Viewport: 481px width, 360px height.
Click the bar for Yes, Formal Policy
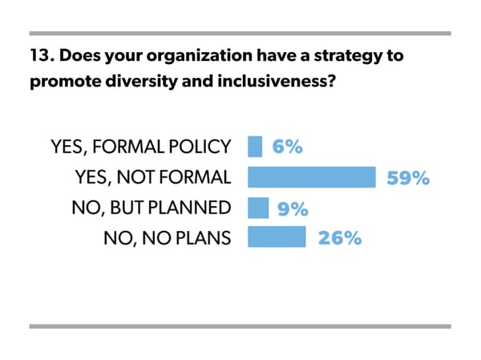click(x=255, y=147)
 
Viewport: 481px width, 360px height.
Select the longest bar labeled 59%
click(x=312, y=177)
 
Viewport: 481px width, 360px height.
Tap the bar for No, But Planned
click(x=258, y=208)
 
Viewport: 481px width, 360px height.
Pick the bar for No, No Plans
click(x=277, y=237)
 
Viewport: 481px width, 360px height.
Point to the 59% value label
click(x=408, y=178)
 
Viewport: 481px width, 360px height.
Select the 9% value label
click(x=293, y=208)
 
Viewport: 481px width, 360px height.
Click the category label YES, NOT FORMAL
click(x=151, y=178)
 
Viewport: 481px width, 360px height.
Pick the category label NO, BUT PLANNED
click(x=151, y=208)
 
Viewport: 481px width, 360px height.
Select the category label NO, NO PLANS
click(x=168, y=238)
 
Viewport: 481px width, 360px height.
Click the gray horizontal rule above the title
click(x=240, y=34)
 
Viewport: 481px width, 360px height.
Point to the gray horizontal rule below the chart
click(x=240, y=326)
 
